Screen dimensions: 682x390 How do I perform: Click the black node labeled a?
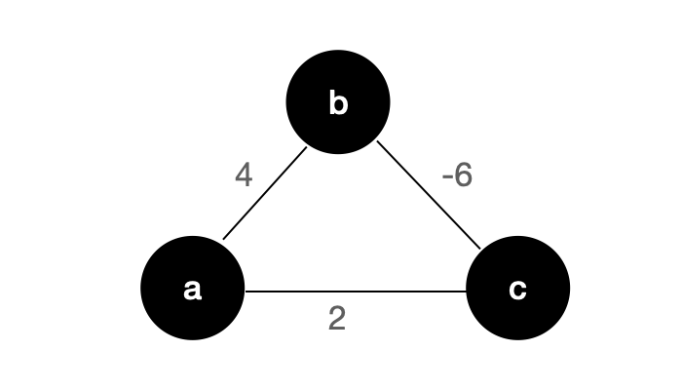[x=192, y=289]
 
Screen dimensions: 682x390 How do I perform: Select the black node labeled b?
[x=338, y=101]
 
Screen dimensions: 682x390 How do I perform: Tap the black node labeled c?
[x=518, y=289]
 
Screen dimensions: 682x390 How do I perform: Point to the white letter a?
[x=192, y=290]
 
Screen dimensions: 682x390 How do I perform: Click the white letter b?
[x=338, y=102]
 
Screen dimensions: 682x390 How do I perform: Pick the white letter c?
[x=517, y=290]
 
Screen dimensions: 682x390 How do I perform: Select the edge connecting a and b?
[x=265, y=193]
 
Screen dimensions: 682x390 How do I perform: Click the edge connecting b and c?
[x=429, y=195]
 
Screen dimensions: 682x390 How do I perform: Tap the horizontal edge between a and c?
[x=356, y=292]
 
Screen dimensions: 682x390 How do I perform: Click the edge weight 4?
[x=244, y=175]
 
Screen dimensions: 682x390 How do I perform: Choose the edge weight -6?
[x=457, y=175]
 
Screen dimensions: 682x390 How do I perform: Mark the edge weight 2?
[x=337, y=318]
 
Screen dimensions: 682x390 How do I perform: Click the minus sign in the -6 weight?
[x=446, y=177]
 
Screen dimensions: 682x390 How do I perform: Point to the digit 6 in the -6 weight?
[x=463, y=175]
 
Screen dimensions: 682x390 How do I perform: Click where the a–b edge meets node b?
[x=307, y=147]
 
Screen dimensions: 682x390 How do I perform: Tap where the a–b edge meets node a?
[x=223, y=240]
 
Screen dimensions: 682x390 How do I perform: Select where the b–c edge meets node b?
[x=377, y=141]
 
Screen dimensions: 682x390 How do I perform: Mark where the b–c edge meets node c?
[x=480, y=249]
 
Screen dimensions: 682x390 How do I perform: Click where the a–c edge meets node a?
[x=246, y=292]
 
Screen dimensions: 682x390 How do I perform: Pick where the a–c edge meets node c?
[x=467, y=292]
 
